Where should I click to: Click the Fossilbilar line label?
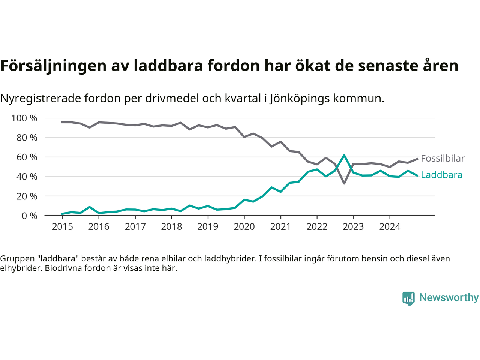tap(442, 159)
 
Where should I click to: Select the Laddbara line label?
tap(441, 175)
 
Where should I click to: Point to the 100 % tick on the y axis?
tap(24, 118)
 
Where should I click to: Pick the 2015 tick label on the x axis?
tap(63, 227)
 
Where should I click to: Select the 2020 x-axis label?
tap(244, 227)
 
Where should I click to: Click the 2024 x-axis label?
tap(390, 227)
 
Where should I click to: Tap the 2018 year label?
tap(171, 227)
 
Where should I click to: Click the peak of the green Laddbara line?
tap(344, 155)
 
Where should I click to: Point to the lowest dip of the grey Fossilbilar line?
tap(344, 183)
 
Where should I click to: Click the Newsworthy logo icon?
tap(408, 298)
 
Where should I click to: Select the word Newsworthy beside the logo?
tap(449, 298)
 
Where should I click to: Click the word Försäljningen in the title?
tap(53, 66)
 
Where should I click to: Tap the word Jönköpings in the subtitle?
tap(300, 99)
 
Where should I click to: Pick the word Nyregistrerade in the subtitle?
tap(40, 99)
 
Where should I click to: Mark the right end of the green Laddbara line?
tap(417, 175)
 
